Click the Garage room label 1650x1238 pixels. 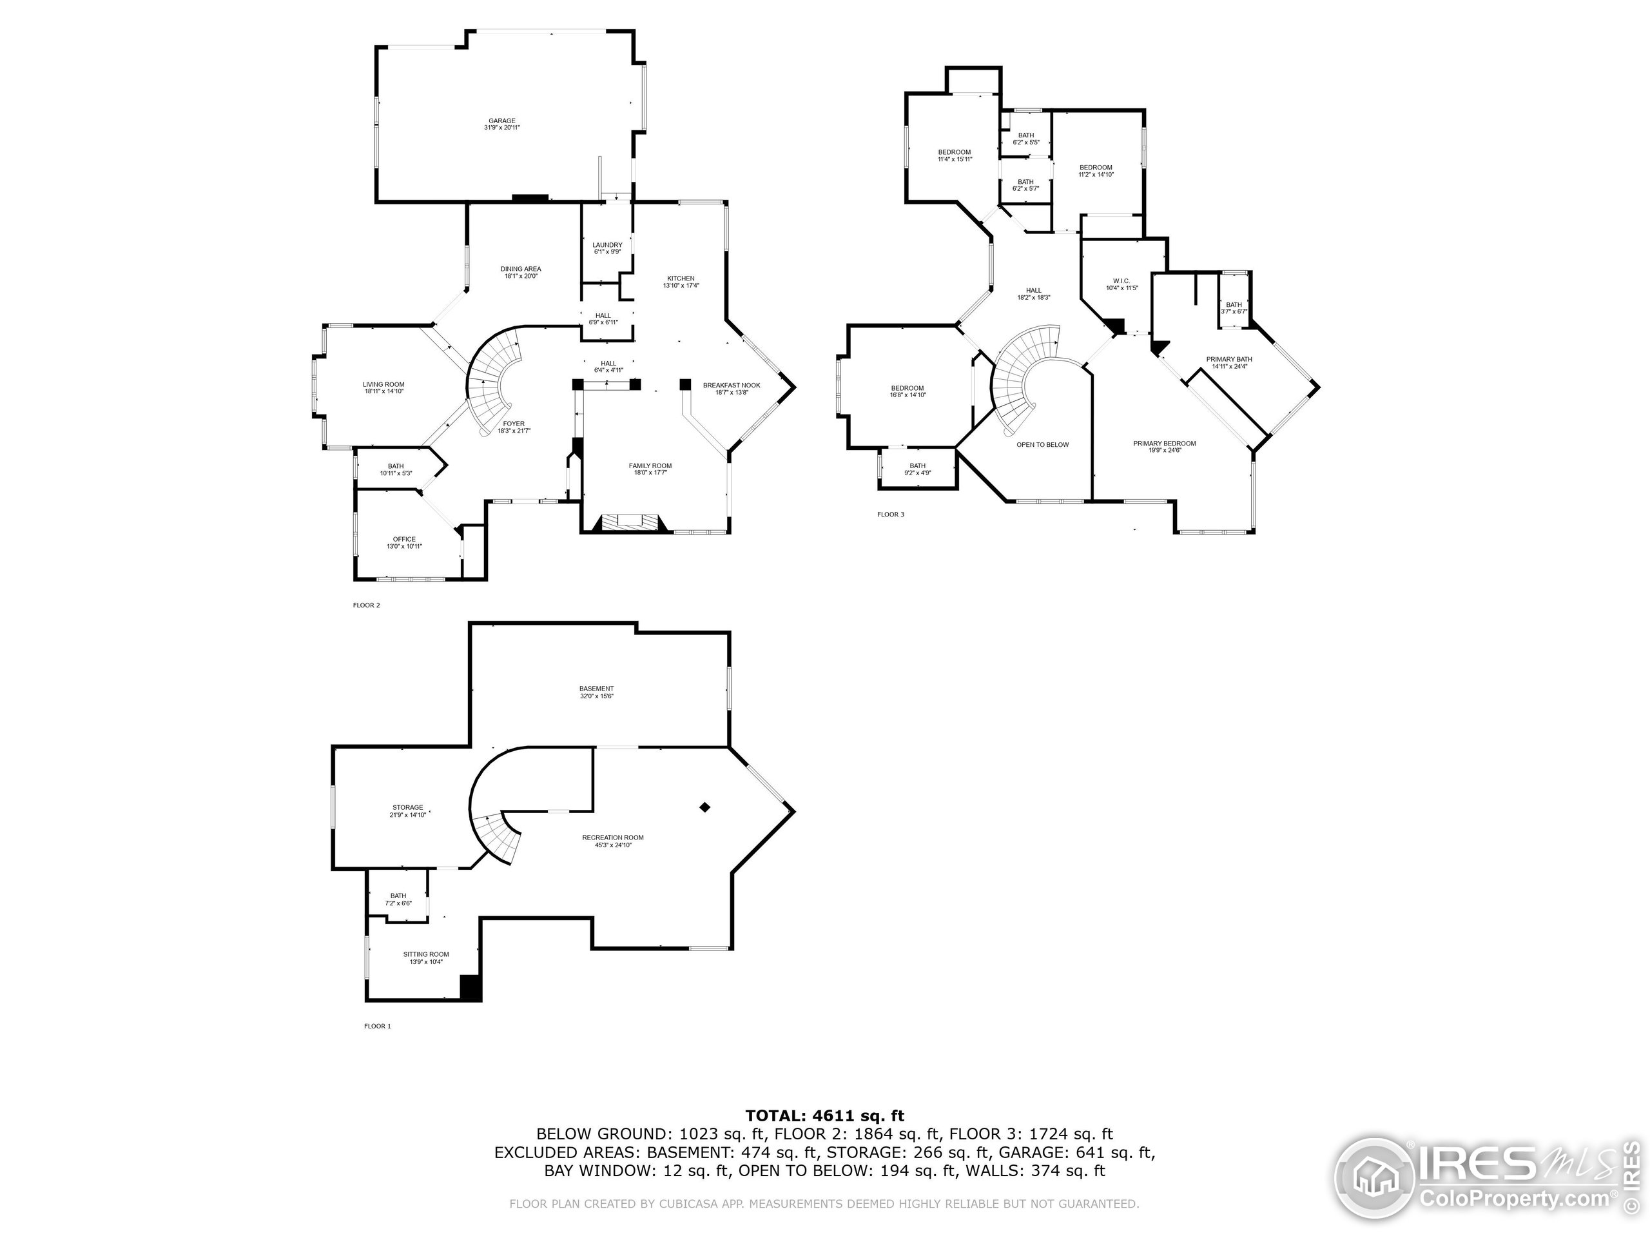501,124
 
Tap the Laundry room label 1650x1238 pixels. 607,248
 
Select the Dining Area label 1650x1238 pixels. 521,271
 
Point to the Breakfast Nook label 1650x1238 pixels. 731,388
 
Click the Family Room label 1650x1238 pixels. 650,469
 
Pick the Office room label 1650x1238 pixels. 404,542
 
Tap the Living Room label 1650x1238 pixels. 383,388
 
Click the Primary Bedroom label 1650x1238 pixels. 1165,446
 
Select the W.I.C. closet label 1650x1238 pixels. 1121,284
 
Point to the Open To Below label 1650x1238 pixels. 1042,445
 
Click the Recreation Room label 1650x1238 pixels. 612,841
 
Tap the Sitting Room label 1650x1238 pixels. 426,958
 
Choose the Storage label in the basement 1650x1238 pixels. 407,811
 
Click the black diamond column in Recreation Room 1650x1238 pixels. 704,807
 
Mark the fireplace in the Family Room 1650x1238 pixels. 627,522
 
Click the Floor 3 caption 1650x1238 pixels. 890,514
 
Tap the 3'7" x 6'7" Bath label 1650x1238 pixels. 1234,308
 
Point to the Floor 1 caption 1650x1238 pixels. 376,1026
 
